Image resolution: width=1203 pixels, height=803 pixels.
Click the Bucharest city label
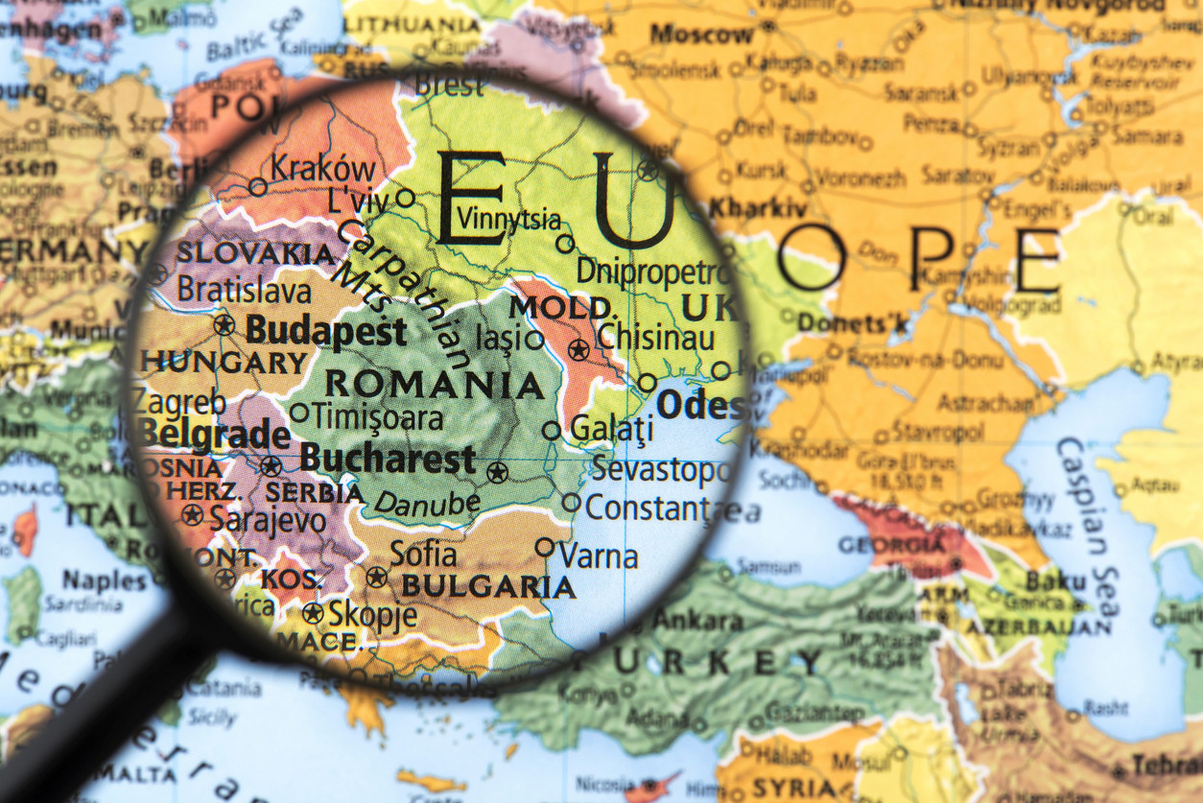click(388, 459)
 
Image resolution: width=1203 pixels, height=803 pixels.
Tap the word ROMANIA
click(435, 385)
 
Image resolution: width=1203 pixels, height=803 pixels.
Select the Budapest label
click(326, 332)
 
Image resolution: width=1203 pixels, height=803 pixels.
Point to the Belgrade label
click(213, 434)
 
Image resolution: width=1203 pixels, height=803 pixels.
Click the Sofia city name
click(423, 554)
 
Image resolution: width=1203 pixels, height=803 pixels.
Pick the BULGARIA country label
click(488, 586)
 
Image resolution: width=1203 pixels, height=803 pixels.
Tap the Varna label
click(599, 555)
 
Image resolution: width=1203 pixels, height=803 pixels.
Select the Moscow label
click(701, 35)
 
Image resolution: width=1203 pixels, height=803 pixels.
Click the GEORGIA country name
click(891, 544)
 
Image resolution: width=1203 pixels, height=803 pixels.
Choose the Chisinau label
click(656, 338)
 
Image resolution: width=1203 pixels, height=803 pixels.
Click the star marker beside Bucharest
click(496, 471)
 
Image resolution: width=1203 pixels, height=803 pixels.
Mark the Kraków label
click(322, 167)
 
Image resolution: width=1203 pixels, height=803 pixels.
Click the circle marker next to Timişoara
click(299, 413)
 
